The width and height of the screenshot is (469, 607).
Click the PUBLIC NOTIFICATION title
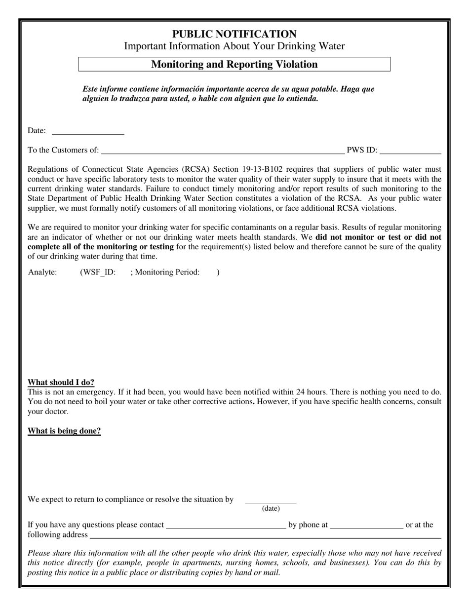tap(234, 34)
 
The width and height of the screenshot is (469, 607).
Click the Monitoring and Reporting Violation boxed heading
tap(234, 64)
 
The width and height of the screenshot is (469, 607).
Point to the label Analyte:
tap(42, 272)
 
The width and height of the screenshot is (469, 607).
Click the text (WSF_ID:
tap(98, 272)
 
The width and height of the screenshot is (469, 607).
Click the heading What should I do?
tap(61, 382)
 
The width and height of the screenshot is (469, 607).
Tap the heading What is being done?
tap(64, 431)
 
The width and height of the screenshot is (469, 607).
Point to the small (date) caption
tap(271, 508)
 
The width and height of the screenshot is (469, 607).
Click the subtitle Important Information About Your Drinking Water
tap(234, 46)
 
